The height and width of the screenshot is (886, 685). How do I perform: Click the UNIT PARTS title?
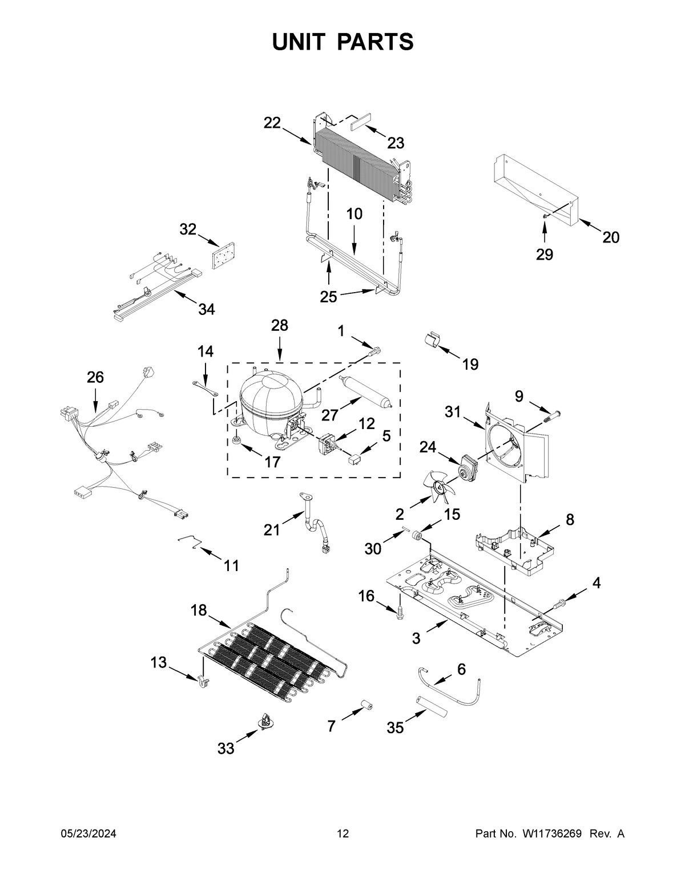tap(342, 42)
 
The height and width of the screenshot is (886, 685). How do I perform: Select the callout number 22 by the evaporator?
tap(272, 123)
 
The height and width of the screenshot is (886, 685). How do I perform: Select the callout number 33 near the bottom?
tap(226, 749)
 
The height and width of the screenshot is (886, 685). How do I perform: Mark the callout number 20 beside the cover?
tap(611, 237)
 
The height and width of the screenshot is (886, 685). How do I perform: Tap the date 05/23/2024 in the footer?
tap(88, 834)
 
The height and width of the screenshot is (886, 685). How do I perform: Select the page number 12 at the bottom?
tap(342, 834)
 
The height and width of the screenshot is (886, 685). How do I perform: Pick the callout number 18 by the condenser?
tap(198, 610)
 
